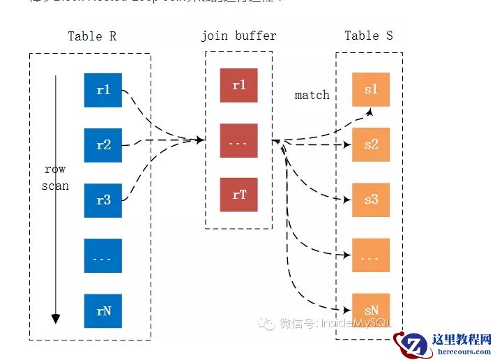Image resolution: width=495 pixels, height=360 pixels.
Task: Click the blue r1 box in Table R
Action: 103,90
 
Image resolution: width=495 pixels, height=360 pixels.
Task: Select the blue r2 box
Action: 103,145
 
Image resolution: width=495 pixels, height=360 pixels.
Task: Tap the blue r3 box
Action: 103,200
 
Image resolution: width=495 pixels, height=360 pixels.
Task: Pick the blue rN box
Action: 103,311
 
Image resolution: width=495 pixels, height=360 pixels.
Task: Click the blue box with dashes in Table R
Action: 103,256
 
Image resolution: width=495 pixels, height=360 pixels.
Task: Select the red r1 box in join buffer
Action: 238,85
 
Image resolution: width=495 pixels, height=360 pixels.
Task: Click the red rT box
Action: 238,195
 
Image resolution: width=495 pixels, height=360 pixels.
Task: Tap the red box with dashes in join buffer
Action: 238,140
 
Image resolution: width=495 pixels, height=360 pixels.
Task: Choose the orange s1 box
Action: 371,89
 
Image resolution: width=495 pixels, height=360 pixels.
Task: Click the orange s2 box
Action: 371,144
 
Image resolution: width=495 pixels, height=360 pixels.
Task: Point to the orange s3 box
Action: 371,200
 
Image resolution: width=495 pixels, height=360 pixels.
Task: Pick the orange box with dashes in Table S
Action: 371,255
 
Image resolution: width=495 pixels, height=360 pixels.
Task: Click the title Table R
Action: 92,36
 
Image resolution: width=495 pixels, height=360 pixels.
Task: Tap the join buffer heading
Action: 238,36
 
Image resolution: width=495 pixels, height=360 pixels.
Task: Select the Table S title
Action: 369,35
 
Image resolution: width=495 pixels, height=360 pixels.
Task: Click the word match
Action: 312,95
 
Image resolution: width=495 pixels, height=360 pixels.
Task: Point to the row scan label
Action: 55,177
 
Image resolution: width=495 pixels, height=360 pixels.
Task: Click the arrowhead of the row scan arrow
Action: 56,320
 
